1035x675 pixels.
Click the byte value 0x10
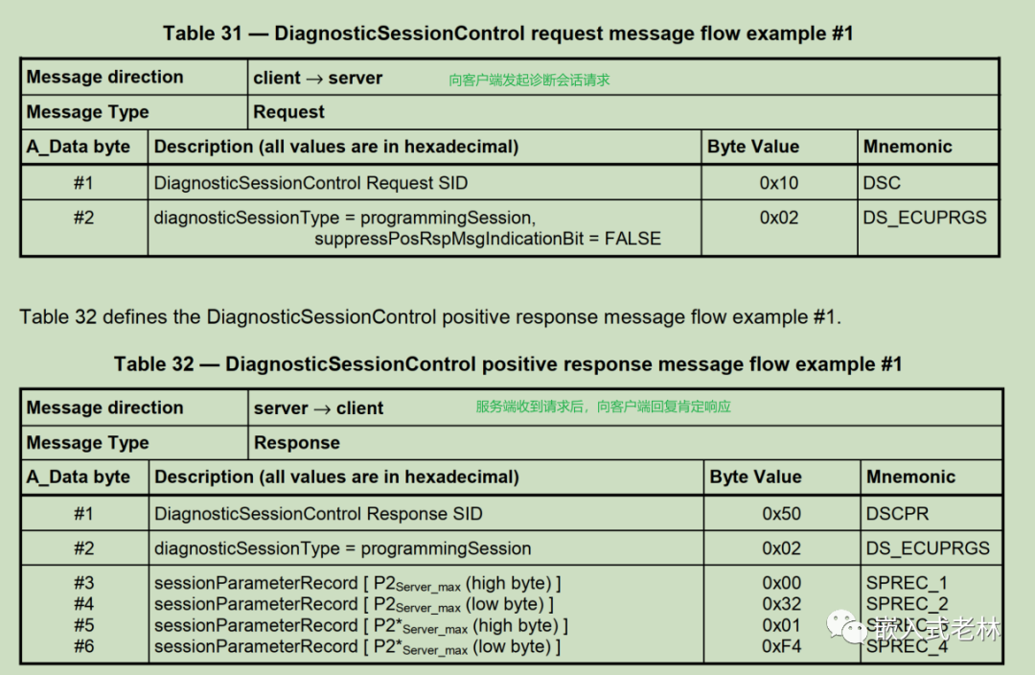click(x=779, y=183)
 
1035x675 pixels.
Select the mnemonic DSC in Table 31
click(x=882, y=183)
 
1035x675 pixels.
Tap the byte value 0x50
click(x=782, y=514)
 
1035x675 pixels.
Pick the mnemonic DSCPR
click(x=898, y=514)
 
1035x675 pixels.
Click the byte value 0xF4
click(x=782, y=646)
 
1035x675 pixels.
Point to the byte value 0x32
click(x=782, y=604)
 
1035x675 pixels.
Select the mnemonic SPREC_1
click(x=907, y=583)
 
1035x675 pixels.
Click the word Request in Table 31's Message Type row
click(x=289, y=112)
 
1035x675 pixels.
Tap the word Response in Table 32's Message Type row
click(x=297, y=443)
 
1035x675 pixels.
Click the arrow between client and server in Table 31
click(x=315, y=79)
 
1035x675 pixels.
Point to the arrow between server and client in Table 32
click(x=322, y=409)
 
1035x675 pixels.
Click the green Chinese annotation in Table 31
click(x=529, y=80)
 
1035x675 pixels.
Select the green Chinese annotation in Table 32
click(x=604, y=407)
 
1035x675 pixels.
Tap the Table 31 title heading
click(x=508, y=33)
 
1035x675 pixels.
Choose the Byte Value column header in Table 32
click(x=756, y=477)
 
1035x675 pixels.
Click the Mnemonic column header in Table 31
click(x=908, y=147)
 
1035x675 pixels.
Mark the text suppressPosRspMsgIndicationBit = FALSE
click(x=488, y=239)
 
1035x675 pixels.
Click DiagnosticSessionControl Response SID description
click(x=318, y=514)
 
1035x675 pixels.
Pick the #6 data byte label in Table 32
click(x=83, y=646)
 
